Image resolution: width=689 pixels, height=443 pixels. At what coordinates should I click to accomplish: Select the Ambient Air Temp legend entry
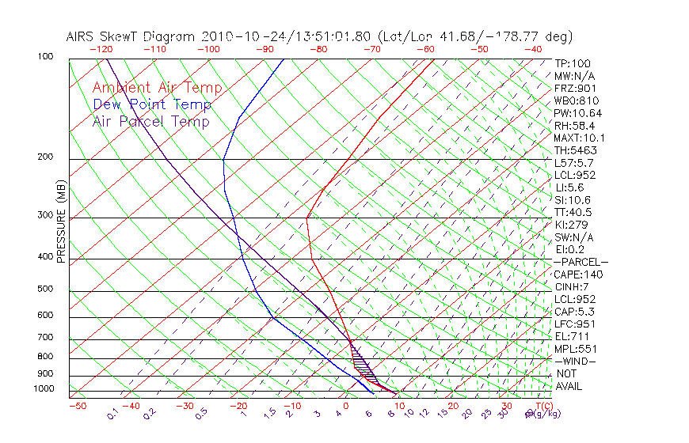(x=157, y=88)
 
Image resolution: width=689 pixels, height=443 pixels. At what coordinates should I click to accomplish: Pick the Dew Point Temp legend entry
(x=152, y=104)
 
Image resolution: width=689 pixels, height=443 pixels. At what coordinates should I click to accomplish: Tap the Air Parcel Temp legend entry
(x=150, y=121)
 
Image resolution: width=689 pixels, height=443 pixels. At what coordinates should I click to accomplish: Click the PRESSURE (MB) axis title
(x=61, y=221)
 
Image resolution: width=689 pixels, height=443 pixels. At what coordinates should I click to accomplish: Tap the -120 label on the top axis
(x=101, y=49)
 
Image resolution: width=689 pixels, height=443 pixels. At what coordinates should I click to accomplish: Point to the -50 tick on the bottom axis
(x=77, y=407)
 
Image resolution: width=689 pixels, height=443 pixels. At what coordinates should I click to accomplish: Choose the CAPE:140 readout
(x=577, y=275)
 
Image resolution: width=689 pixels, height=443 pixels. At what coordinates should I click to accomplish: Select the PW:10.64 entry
(x=577, y=113)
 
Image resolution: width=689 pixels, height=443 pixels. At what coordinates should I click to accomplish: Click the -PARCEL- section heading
(x=581, y=262)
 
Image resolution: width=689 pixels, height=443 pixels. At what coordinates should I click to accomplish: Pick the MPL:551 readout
(x=575, y=349)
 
